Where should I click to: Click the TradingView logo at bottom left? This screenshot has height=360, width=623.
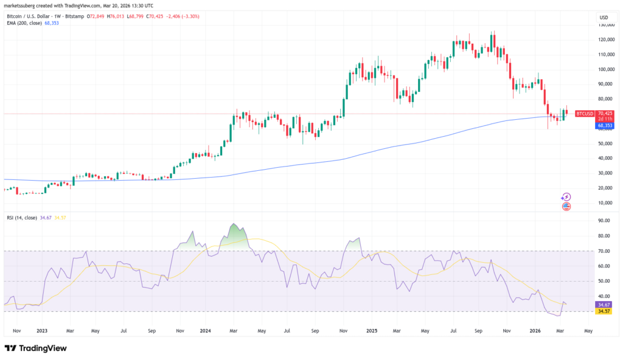(x=35, y=348)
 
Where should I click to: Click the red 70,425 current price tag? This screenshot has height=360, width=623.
(x=605, y=112)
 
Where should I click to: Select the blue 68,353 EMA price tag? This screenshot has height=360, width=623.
(x=605, y=125)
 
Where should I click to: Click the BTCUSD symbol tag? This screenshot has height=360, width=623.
(x=584, y=113)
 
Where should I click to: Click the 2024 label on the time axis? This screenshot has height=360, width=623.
(x=206, y=331)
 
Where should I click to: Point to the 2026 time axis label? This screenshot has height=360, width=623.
(x=535, y=331)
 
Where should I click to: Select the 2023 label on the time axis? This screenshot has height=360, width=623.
(x=42, y=331)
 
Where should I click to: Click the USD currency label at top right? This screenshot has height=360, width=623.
(x=604, y=17)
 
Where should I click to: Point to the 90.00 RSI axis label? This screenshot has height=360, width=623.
(x=605, y=221)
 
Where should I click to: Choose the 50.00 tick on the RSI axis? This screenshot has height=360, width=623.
(x=605, y=281)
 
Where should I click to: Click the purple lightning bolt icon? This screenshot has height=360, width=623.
(x=567, y=197)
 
